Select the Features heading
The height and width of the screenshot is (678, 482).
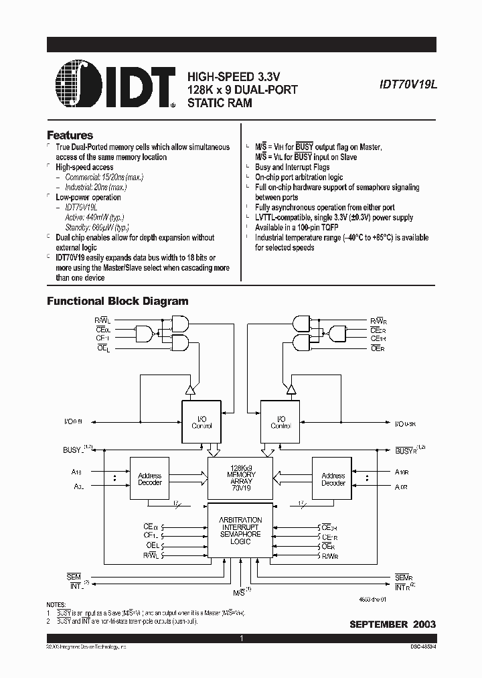[70, 135]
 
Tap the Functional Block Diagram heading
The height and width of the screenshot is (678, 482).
[117, 301]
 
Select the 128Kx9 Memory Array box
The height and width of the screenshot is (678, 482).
[240, 476]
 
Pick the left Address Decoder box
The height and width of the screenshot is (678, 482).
[149, 479]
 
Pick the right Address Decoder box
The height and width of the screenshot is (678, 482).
[333, 479]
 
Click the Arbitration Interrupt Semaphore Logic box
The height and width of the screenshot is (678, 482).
[240, 531]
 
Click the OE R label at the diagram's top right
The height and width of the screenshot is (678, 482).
[378, 348]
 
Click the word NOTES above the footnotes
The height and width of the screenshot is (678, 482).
[57, 606]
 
